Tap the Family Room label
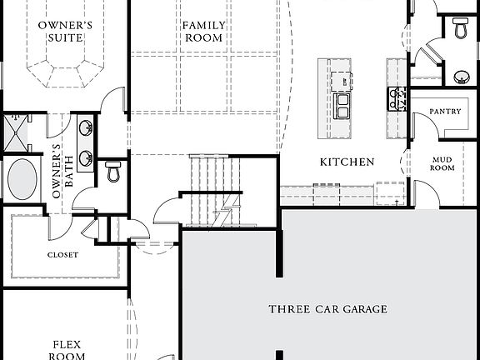coord(202,31)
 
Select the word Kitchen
coord(347,162)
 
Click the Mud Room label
coord(442,162)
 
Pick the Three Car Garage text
coord(327,309)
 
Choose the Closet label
coord(62,255)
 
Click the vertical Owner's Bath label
coord(57,171)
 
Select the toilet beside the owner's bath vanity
coord(114,172)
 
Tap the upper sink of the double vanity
coord(85,128)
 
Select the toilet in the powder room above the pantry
coord(461,28)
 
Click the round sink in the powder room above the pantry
coord(461,77)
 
